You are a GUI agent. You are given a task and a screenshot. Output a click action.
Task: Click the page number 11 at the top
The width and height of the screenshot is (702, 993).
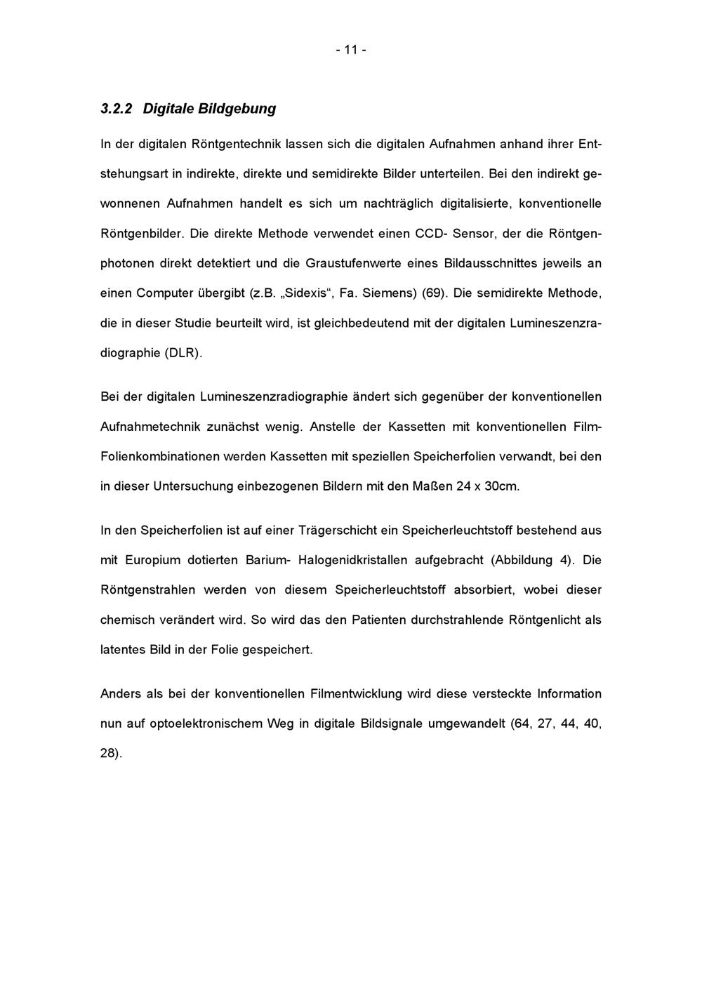(351, 51)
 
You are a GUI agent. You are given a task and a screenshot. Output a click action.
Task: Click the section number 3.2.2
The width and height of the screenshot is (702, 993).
(117, 109)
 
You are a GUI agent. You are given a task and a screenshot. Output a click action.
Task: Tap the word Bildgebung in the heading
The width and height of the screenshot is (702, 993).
(237, 109)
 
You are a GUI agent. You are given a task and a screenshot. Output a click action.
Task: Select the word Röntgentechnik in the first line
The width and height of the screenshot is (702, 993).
(234, 144)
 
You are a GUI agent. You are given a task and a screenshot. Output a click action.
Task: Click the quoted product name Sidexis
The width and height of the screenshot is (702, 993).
(305, 293)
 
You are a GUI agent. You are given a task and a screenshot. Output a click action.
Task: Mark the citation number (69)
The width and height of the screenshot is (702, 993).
(434, 293)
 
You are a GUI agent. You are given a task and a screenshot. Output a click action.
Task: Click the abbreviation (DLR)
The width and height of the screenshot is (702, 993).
(183, 353)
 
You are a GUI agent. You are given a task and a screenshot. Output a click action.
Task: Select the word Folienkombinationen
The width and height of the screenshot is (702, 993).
(159, 457)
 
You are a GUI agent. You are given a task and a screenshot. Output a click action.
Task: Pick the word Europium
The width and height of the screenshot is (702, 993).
(152, 560)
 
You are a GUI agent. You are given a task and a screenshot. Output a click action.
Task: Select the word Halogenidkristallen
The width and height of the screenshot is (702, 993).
(353, 560)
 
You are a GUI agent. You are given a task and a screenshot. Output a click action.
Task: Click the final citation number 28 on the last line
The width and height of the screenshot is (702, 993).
(109, 754)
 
